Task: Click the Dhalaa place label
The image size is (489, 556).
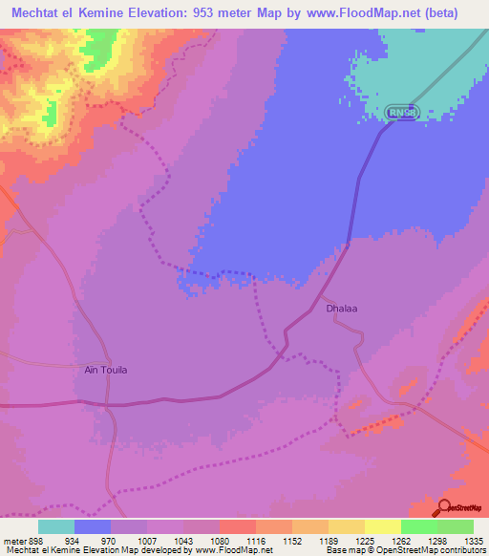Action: coord(342,310)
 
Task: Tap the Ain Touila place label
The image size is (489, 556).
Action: coord(105,370)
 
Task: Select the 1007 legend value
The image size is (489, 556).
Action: coord(146,540)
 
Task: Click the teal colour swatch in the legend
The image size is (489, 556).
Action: coord(56,526)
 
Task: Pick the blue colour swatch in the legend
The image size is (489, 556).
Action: coord(93,526)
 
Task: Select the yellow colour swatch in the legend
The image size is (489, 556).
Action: coord(382,526)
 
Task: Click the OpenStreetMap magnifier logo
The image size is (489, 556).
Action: coord(444,506)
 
